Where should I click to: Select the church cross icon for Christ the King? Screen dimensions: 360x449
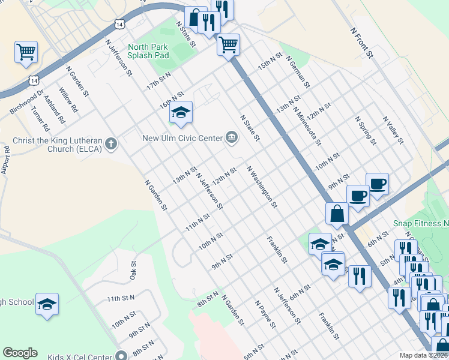point(110,143)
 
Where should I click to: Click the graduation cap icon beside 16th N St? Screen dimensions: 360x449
point(180,112)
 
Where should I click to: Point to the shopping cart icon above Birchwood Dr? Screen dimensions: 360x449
point(26,52)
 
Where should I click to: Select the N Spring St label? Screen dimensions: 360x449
point(365,131)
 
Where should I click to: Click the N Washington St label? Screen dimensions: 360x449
point(262,187)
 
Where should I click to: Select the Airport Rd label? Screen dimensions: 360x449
point(6,161)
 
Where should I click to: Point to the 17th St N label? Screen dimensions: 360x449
point(158,81)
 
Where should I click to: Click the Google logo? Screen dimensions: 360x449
point(20,353)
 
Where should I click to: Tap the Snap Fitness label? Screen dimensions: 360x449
point(421,223)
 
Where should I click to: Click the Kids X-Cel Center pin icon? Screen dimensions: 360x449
point(122,354)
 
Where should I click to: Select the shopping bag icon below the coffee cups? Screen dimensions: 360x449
point(337,213)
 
